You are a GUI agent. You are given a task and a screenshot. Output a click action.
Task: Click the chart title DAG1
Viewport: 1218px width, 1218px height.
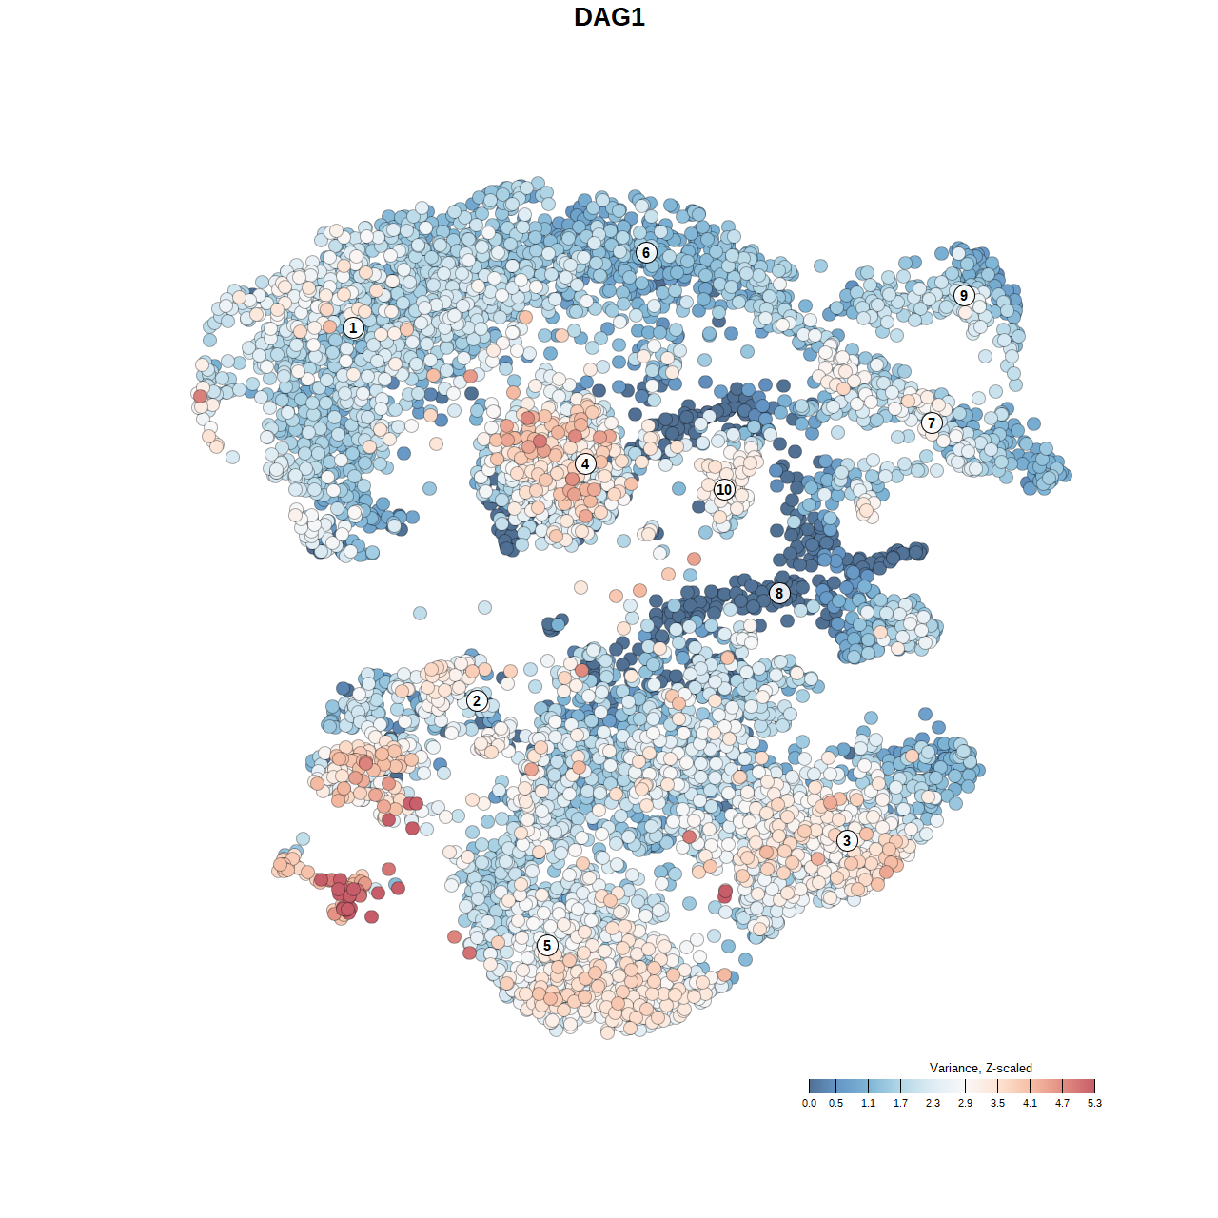(609, 17)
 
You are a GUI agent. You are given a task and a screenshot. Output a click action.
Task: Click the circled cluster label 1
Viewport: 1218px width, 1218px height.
(353, 327)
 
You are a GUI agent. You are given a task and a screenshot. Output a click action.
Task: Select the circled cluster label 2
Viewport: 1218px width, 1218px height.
(477, 701)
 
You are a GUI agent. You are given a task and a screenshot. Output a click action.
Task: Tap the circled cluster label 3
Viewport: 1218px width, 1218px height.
(847, 840)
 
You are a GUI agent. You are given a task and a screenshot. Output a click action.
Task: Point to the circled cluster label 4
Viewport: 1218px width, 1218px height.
(585, 463)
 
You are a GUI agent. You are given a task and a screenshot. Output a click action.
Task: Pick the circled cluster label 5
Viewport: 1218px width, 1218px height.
(546, 945)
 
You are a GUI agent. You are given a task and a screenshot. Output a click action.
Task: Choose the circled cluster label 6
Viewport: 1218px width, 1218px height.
(646, 252)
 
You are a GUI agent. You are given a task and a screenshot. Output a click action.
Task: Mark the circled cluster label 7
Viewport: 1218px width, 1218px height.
(932, 422)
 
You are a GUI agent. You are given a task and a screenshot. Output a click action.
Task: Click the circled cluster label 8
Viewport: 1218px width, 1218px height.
(779, 593)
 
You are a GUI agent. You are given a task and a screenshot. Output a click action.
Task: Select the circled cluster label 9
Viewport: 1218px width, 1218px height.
(964, 295)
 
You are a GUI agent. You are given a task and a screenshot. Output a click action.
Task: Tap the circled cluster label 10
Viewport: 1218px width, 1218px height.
(724, 489)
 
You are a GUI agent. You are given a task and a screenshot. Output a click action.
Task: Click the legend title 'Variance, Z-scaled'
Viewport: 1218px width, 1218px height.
(980, 1068)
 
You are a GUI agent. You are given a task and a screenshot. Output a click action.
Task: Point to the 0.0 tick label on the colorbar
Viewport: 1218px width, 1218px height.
(809, 1103)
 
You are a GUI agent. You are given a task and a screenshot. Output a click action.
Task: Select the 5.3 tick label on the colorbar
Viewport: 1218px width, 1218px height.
(1094, 1103)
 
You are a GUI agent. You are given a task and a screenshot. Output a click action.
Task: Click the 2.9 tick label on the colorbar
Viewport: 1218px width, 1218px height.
(965, 1103)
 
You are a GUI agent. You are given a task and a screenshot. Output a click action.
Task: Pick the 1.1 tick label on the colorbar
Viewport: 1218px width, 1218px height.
(868, 1103)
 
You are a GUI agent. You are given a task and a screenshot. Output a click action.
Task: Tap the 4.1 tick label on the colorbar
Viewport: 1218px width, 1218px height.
(1030, 1103)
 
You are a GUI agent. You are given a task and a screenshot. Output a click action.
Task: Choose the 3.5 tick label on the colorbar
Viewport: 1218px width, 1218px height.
(997, 1103)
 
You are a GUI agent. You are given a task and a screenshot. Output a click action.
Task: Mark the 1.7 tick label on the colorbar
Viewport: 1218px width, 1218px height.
(900, 1103)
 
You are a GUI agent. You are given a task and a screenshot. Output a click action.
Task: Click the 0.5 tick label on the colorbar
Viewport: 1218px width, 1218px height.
(835, 1103)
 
